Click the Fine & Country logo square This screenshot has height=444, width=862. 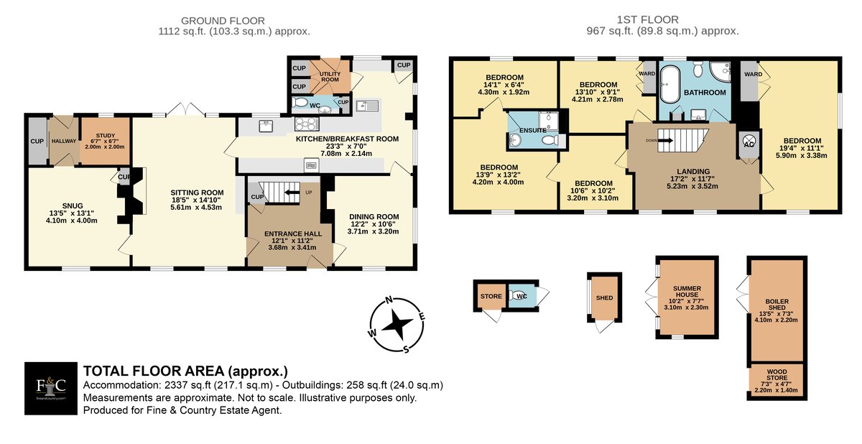51,388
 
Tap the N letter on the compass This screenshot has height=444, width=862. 389,300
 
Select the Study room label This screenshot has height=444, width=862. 106,136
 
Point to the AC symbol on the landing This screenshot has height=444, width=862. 749,142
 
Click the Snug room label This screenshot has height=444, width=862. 73,206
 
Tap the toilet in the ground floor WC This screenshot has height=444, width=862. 300,103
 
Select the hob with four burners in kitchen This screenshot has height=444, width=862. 307,124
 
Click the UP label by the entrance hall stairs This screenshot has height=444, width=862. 309,193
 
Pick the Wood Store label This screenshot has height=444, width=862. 777,375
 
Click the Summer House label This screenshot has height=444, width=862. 687,291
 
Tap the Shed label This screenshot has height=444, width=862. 604,297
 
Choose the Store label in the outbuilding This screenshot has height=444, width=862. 491,296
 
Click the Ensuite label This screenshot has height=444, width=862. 533,131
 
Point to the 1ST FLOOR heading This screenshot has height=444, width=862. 648,19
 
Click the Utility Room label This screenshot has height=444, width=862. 330,77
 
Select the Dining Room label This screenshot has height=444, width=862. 374,217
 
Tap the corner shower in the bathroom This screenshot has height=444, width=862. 720,73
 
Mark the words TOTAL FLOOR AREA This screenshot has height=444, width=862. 154,371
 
